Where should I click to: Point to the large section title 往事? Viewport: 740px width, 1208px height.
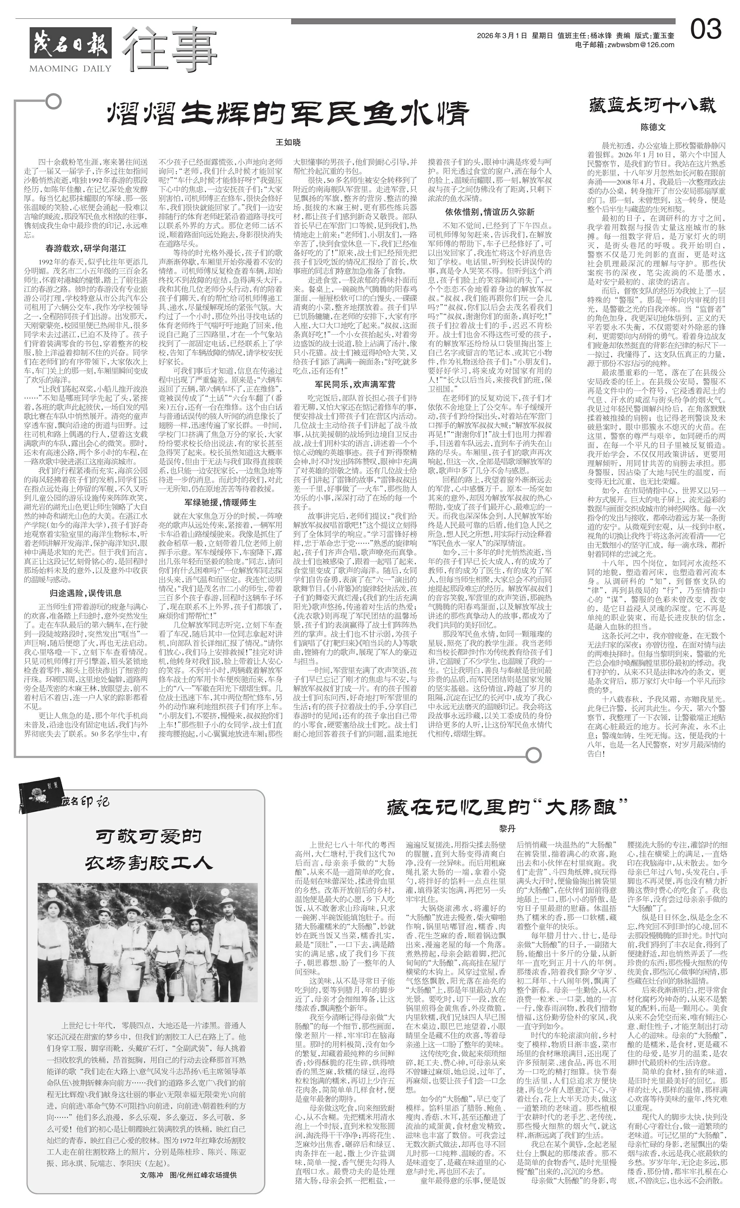point(169,49)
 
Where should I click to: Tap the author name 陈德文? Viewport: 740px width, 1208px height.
point(653,127)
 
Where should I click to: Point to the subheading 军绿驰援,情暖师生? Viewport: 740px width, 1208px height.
point(220,502)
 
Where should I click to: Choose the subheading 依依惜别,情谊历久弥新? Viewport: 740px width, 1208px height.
point(489,212)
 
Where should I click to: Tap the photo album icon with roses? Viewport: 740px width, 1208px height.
point(38,794)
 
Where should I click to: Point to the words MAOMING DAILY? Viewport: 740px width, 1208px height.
point(70,68)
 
